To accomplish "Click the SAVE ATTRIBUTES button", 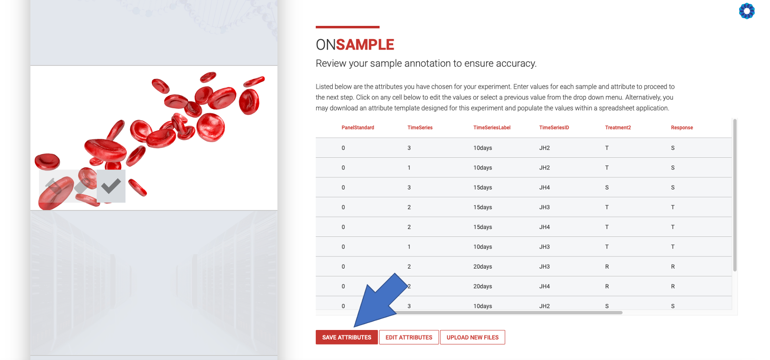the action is (346, 337).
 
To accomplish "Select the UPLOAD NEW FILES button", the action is (472, 337).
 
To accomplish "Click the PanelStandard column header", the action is (357, 128).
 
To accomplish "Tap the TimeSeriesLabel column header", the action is (491, 128).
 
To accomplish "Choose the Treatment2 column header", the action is (618, 128).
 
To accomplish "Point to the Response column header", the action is (682, 128).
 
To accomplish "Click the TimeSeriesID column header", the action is (554, 128).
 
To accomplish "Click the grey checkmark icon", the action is (111, 186).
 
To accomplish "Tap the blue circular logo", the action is (747, 11).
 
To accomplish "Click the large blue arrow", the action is (380, 300).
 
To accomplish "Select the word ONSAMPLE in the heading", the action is (355, 45).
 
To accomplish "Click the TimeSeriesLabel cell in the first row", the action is (482, 148).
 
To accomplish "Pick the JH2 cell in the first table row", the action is (544, 148).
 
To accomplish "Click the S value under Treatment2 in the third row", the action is (607, 187).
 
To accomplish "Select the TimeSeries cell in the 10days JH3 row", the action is (409, 247).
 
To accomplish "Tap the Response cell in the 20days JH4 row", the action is (673, 286).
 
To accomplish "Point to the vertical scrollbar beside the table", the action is (735, 195).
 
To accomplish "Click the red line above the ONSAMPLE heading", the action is (348, 27).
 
